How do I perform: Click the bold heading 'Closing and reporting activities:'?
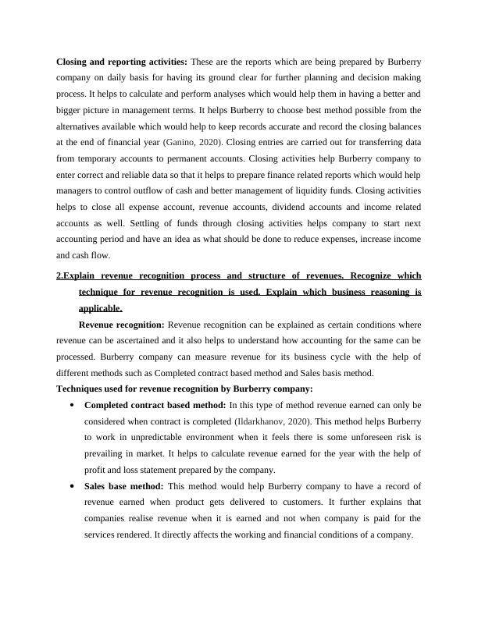[x=122, y=61]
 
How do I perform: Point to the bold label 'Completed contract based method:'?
[x=155, y=405]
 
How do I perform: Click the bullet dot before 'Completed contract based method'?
[x=72, y=406]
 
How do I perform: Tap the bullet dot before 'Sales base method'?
[x=72, y=487]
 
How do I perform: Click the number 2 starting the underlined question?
[x=59, y=276]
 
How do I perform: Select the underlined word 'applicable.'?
[x=101, y=308]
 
